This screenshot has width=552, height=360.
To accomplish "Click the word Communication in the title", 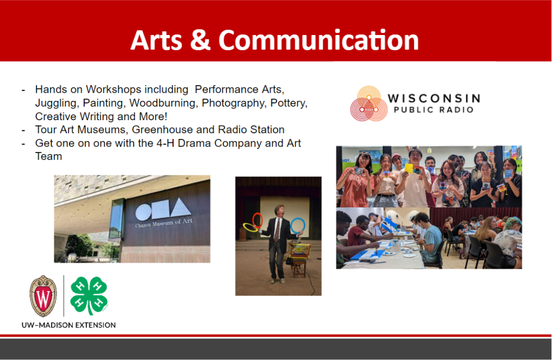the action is click(x=319, y=40).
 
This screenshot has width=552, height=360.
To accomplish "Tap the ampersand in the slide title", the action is click(x=201, y=40).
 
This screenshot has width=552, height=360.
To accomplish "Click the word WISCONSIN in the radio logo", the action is click(x=434, y=98).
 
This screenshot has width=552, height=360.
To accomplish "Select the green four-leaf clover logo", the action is click(x=89, y=295).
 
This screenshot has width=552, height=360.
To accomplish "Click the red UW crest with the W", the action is click(x=43, y=296).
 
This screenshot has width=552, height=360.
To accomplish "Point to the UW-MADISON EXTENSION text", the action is click(x=68, y=325).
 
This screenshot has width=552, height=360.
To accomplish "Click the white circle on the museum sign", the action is click(x=143, y=212).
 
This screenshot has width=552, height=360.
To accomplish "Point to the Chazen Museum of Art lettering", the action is click(x=164, y=223).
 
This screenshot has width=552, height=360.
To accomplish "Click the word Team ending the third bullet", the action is click(x=49, y=157).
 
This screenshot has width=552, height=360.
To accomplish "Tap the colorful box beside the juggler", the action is click(x=300, y=250).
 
